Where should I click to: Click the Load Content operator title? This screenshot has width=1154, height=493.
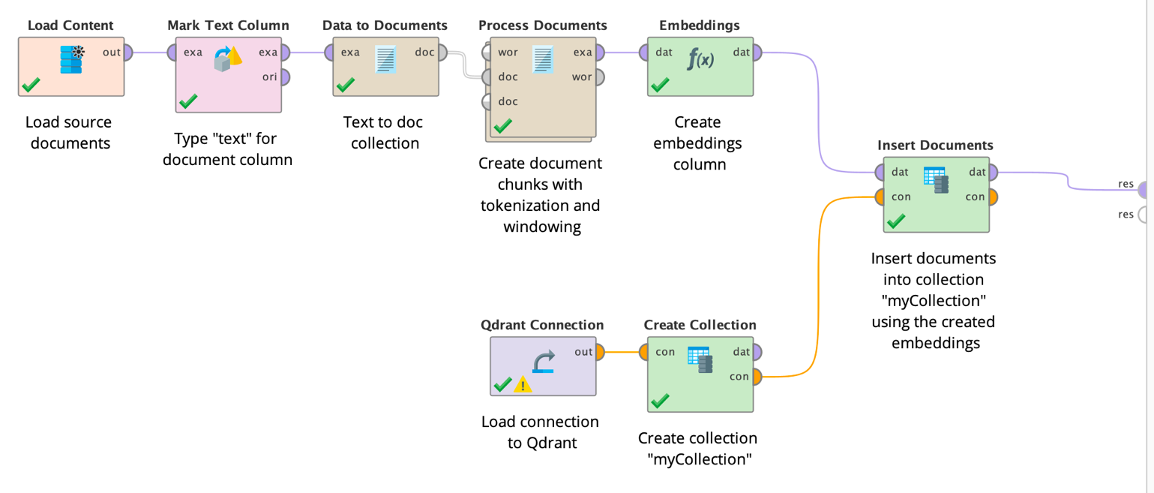pyautogui.click(x=70, y=26)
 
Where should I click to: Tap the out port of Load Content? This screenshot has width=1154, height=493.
pyautogui.click(x=127, y=53)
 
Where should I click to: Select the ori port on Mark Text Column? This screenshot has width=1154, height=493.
pyautogui.click(x=284, y=77)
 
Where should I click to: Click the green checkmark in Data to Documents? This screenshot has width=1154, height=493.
pyautogui.click(x=346, y=85)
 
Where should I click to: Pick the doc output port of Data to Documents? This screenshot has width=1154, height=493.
pyautogui.click(x=442, y=53)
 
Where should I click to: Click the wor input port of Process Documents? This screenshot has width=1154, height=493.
pyautogui.click(x=487, y=53)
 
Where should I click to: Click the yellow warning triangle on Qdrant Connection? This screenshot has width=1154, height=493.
pyautogui.click(x=523, y=385)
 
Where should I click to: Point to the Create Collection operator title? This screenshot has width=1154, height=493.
pyautogui.click(x=700, y=325)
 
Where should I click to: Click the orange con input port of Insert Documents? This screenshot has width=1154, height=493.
pyautogui.click(x=881, y=197)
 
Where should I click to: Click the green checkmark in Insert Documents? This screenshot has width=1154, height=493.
pyautogui.click(x=896, y=221)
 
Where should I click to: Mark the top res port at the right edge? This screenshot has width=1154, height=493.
pyautogui.click(x=1144, y=190)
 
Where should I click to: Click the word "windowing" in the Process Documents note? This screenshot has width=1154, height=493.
pyautogui.click(x=542, y=227)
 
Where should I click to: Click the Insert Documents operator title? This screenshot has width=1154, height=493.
pyautogui.click(x=935, y=146)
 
